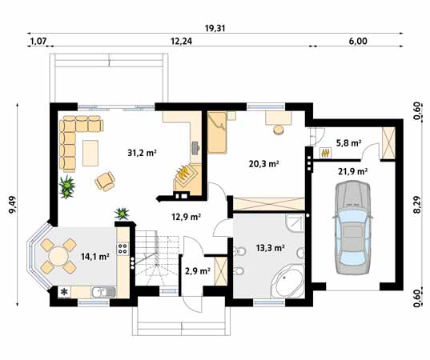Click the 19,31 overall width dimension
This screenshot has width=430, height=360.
215,28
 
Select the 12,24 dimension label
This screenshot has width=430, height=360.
182,41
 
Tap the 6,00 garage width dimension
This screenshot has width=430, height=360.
358,41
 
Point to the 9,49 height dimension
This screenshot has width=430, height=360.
13,204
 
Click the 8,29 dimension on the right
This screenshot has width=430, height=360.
417,204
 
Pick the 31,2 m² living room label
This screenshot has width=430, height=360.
142,153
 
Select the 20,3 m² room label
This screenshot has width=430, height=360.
263,164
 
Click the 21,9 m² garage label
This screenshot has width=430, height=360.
353,171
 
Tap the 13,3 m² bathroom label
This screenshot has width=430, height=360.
270,248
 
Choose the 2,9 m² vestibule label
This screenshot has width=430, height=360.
198,271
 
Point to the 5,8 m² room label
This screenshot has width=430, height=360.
348,142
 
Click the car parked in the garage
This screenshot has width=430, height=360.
352,227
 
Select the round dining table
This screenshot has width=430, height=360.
58,256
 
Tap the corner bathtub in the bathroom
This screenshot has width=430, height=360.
287,282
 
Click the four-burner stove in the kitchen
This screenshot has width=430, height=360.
123,248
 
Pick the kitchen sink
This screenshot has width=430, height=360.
103,292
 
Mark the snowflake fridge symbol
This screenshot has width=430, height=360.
64,292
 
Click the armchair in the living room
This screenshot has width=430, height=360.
105,181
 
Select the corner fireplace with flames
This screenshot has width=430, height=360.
187,178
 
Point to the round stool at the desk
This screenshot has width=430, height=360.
279,130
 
